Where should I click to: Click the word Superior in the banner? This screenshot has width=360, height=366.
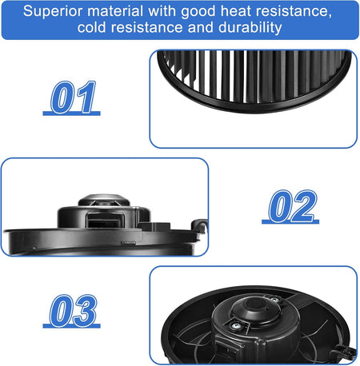tap(53, 11)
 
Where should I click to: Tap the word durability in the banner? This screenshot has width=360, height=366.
tap(250, 28)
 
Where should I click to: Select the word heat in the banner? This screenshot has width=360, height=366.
tap(236, 11)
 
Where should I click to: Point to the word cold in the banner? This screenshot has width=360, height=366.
tap(91, 27)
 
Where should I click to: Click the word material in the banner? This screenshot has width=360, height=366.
tap(115, 11)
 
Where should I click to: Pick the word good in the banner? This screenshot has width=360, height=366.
tap(198, 12)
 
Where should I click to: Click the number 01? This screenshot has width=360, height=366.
tap(73, 97)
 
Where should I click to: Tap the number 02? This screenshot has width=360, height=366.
tap(293, 205)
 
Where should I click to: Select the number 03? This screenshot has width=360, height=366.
tap(73, 310)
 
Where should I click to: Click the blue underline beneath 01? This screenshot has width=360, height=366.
tap(71, 113)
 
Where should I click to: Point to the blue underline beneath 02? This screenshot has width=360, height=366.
tap(290, 221)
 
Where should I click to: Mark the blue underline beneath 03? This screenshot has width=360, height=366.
tap(71, 325)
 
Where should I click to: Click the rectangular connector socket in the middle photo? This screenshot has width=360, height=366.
tap(105, 220)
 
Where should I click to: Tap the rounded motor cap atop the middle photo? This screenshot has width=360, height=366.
tap(104, 200)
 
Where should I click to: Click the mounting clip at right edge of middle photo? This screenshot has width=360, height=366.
tap(199, 226)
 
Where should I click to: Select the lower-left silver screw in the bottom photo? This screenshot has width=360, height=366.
tap(234, 326)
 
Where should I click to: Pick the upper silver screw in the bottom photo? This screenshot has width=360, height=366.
tap(274, 300)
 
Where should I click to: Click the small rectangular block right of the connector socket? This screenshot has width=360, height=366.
tap(154, 226)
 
